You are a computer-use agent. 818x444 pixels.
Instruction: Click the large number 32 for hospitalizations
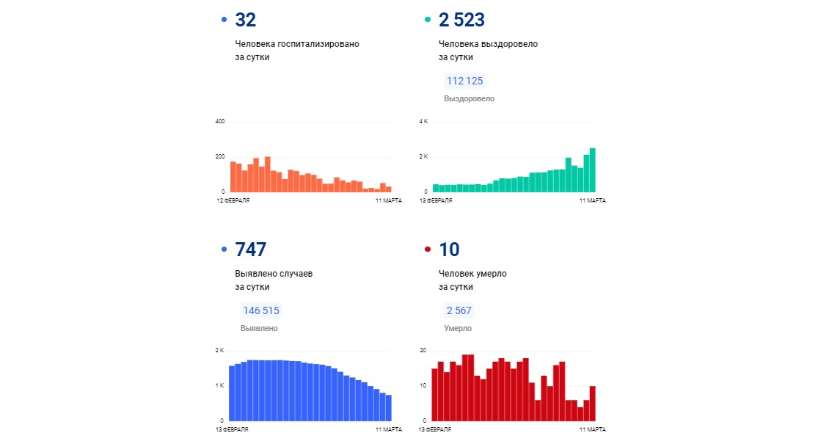[246, 20]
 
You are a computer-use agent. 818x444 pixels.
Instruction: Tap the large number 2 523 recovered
[461, 20]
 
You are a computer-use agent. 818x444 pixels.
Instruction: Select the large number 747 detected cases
[250, 250]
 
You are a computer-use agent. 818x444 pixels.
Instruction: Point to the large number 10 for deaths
[450, 250]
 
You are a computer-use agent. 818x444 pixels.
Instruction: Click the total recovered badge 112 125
[464, 81]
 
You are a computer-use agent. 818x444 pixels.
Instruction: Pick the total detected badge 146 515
[260, 310]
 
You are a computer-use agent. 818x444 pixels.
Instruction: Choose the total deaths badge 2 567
[458, 310]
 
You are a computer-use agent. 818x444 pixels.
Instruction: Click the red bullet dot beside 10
[428, 250]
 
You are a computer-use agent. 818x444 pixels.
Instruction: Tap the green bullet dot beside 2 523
[428, 21]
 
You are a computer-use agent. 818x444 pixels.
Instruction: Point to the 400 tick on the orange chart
[219, 121]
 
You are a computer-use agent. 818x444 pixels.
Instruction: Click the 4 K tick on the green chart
[423, 121]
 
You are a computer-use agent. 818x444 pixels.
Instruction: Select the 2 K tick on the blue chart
[219, 350]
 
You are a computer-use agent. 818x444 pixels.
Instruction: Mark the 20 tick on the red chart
[423, 350]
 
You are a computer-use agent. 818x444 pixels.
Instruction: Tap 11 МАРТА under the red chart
[593, 429]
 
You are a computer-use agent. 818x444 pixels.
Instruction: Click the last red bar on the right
[592, 403]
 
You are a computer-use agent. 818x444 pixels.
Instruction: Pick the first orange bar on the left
[233, 177]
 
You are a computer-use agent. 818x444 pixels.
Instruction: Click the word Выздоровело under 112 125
[469, 98]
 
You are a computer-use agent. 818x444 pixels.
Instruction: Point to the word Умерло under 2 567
[458, 328]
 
